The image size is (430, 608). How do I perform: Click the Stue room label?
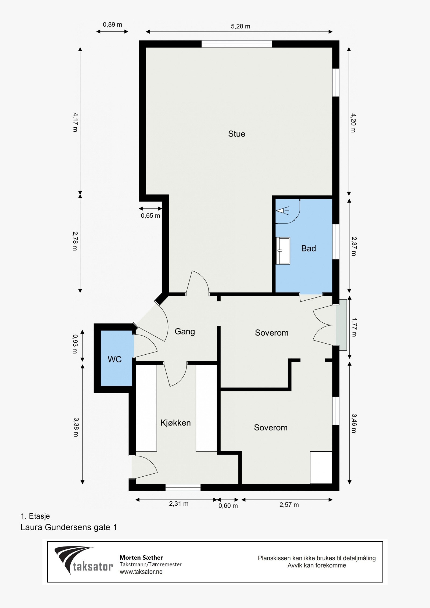tap(236, 134)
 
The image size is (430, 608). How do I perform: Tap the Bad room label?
tap(309, 248)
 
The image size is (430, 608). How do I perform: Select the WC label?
tap(115, 359)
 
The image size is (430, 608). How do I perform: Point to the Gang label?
tap(185, 332)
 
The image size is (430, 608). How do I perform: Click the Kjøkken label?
tap(175, 423)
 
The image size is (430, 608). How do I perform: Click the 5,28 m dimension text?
tap(241, 26)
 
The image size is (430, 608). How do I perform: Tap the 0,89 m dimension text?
tap(112, 25)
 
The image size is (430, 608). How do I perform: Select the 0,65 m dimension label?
tap(150, 215)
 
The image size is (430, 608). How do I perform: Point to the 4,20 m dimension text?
tap(353, 123)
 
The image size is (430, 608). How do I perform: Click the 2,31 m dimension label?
tap(179, 503)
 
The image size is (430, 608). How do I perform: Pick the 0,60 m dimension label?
tap(228, 506)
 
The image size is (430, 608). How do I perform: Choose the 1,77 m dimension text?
tap(354, 327)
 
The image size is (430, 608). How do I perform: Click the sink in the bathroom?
tap(283, 251)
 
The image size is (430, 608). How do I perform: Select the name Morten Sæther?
tap(141, 557)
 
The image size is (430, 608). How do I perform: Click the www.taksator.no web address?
tap(141, 571)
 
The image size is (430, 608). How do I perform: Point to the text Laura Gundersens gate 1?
tap(69, 527)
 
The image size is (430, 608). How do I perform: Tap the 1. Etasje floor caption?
tap(35, 516)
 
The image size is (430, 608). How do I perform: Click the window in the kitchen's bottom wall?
tap(183, 487)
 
